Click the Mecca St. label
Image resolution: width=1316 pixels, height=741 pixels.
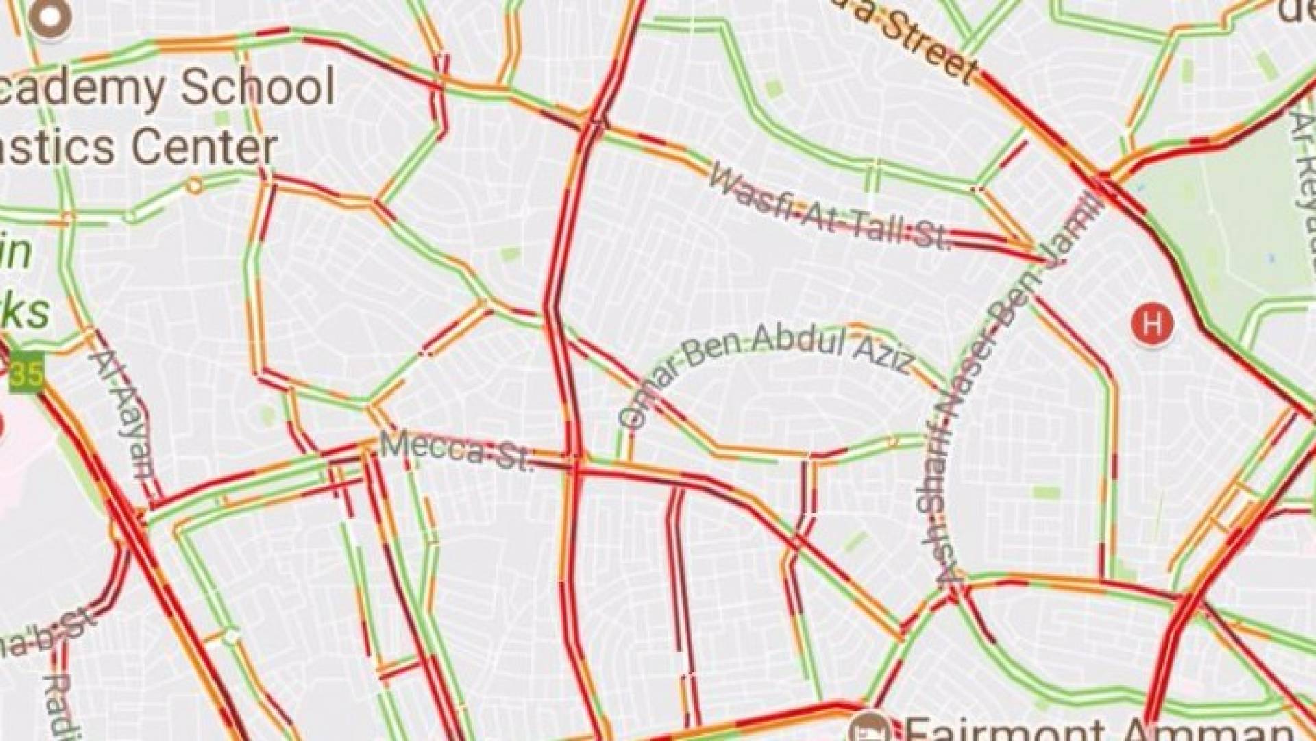coord(456,452)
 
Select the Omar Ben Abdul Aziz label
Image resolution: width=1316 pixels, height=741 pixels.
coord(761,364)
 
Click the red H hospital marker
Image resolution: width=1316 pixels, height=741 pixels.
coord(1152,322)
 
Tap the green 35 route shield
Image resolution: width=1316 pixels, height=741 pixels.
coord(26,374)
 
